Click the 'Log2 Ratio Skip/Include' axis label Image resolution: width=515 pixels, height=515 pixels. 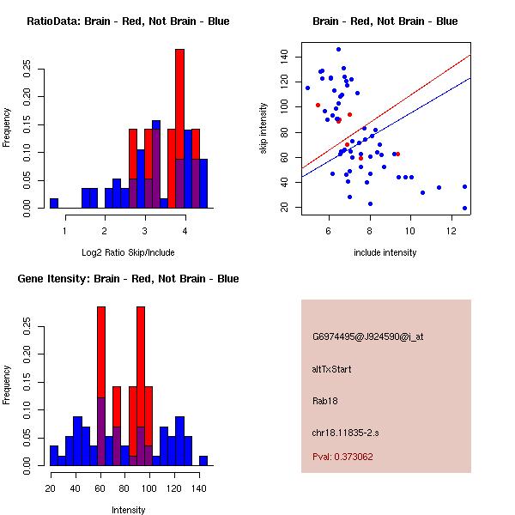[128, 252]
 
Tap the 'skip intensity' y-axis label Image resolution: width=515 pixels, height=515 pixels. [265, 129]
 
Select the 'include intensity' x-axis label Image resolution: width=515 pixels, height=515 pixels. [385, 252]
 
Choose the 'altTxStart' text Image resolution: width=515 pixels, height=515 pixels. [331, 369]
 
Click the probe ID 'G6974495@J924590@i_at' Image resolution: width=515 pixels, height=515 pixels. [368, 336]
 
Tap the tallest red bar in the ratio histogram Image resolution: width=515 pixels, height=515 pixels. [179, 129]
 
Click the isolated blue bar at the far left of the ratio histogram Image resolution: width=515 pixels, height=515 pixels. [53, 203]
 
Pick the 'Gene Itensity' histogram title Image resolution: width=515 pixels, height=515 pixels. [128, 279]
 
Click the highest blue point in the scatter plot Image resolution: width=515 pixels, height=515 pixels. [338, 49]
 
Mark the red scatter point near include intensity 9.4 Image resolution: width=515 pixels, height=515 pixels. [397, 154]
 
